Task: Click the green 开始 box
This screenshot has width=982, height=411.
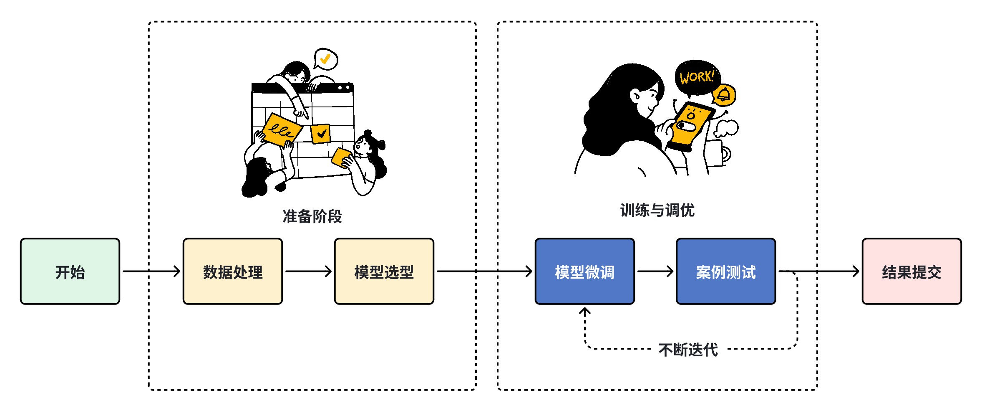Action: pyautogui.click(x=70, y=271)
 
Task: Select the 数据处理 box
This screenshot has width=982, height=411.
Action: pyautogui.click(x=233, y=271)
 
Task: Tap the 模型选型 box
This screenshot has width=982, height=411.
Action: pyautogui.click(x=384, y=271)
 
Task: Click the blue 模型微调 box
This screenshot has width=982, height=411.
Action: pyautogui.click(x=584, y=271)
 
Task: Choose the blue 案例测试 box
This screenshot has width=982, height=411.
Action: pyautogui.click(x=725, y=271)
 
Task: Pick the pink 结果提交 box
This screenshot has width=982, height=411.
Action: pyautogui.click(x=911, y=271)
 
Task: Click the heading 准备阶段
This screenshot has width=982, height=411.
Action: pyautogui.click(x=312, y=216)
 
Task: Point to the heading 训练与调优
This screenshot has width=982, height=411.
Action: pyautogui.click(x=657, y=210)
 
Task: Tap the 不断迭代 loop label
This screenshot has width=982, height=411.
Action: pyautogui.click(x=688, y=350)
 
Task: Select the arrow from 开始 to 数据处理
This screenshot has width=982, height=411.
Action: pyautogui.click(x=151, y=271)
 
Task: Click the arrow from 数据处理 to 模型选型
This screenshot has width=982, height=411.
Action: pyautogui.click(x=308, y=271)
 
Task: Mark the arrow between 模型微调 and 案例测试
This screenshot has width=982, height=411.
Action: pyautogui.click(x=655, y=271)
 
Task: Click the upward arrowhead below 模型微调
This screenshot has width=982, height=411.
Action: pyautogui.click(x=584, y=312)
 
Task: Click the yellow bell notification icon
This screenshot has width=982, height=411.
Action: pyautogui.click(x=724, y=95)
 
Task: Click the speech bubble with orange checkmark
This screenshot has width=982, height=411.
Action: pyautogui.click(x=326, y=59)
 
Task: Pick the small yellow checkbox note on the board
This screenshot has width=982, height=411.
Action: pyautogui.click(x=321, y=134)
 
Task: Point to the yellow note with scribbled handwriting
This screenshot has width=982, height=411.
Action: pyautogui.click(x=282, y=129)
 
